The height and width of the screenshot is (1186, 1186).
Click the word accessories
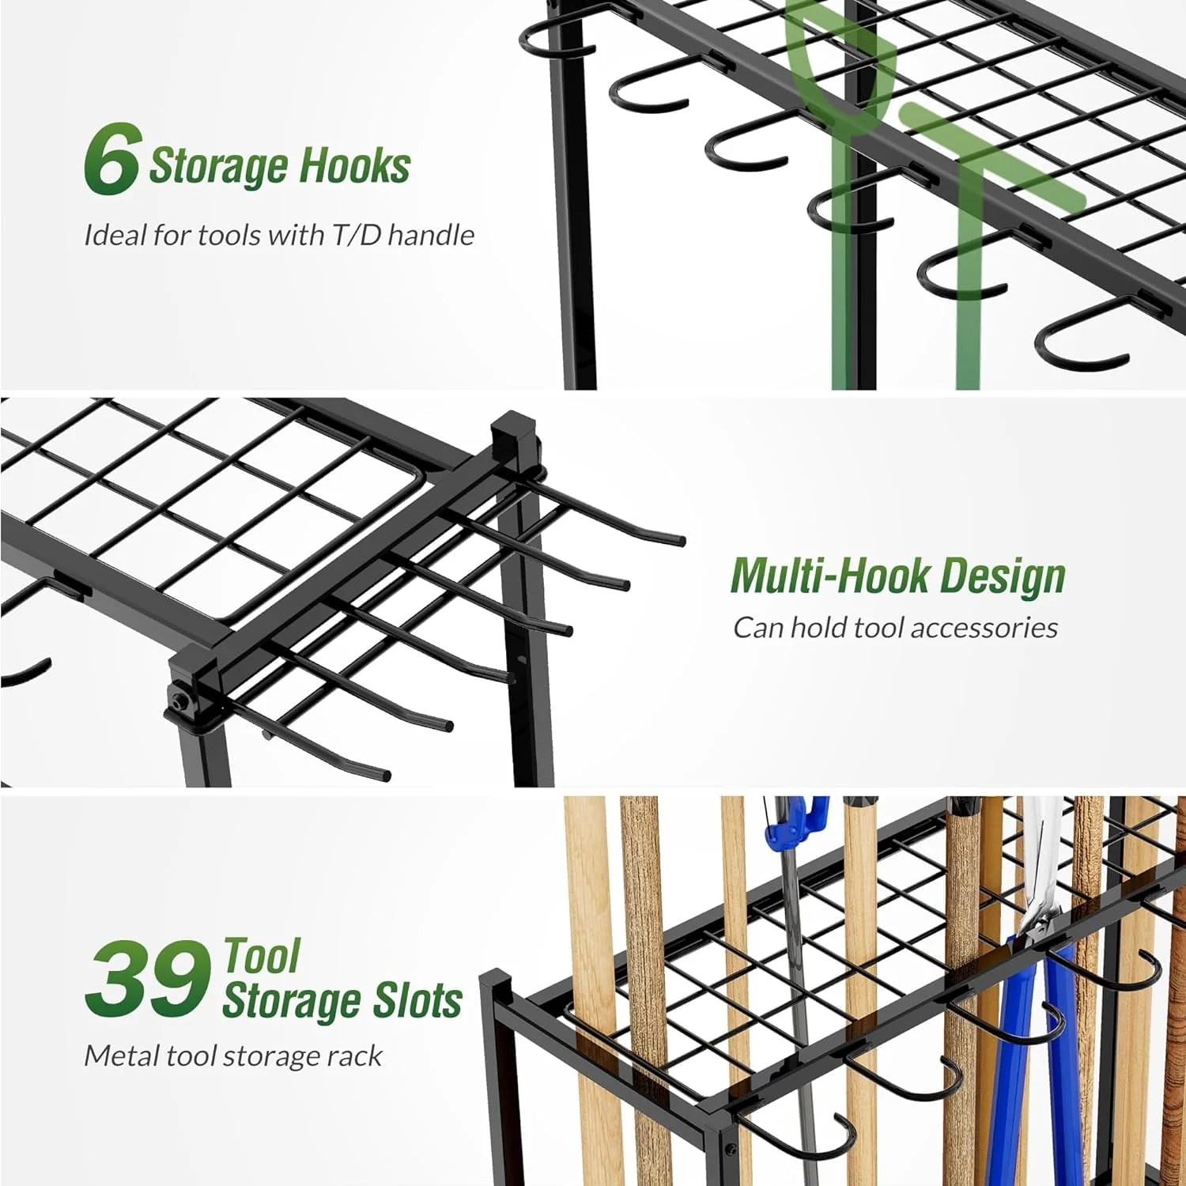tap(984, 627)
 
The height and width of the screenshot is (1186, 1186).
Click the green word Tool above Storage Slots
tap(262, 956)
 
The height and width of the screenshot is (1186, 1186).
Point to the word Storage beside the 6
tap(218, 166)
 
